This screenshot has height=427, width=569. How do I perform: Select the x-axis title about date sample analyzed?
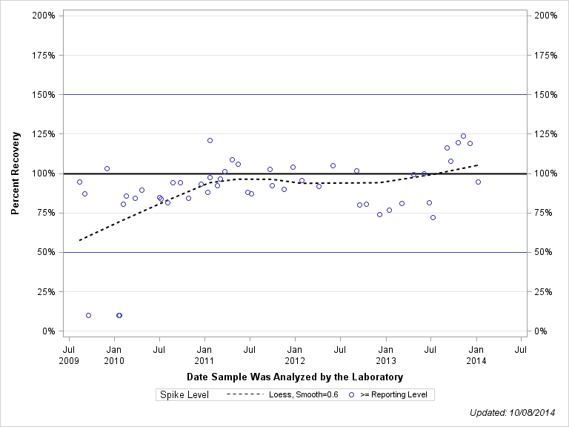pos(295,377)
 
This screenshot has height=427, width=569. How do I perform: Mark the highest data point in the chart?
pos(463,136)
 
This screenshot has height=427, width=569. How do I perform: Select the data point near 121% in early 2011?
pos(210,140)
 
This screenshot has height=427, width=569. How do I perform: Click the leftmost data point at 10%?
pos(88,315)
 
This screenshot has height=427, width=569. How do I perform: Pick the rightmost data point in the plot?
pos(478,182)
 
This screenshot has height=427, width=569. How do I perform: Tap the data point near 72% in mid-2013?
pos(433,217)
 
